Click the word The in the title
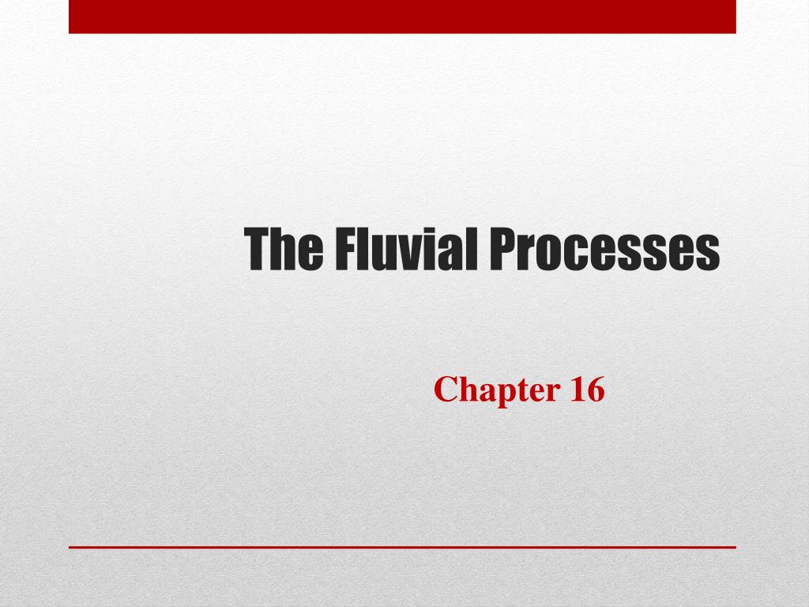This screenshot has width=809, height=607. (284, 248)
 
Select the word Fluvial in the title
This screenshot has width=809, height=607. (402, 248)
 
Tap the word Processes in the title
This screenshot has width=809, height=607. (603, 248)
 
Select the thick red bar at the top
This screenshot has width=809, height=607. (402, 17)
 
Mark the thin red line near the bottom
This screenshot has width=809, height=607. (402, 546)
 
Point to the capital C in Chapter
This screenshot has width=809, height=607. (445, 390)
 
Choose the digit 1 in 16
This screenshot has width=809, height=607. (574, 390)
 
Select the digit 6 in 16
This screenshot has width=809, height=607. (595, 390)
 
